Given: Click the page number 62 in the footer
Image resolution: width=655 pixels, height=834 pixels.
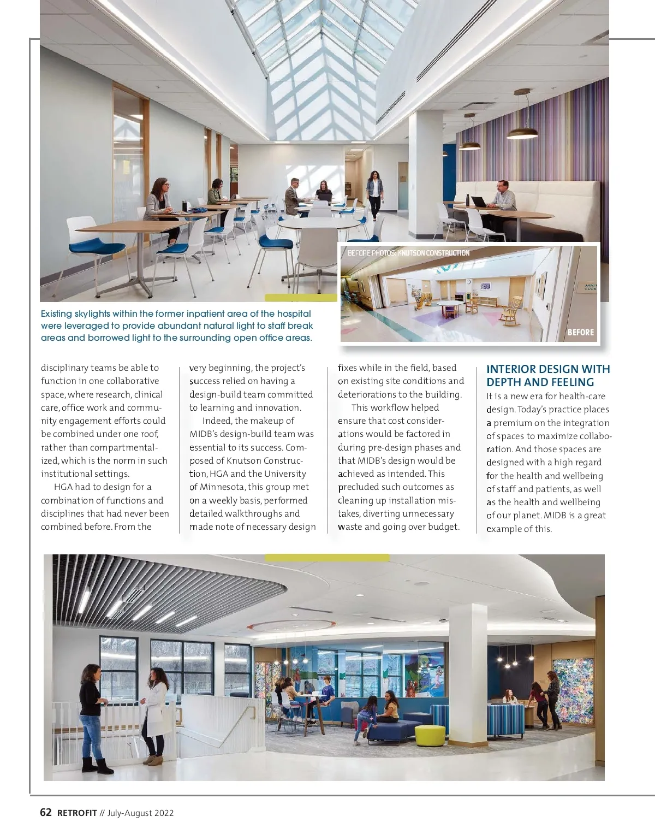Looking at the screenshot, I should [46, 812].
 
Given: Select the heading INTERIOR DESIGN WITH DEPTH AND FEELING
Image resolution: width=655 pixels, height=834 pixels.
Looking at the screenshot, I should [548, 376].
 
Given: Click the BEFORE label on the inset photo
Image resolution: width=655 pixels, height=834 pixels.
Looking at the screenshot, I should [580, 332].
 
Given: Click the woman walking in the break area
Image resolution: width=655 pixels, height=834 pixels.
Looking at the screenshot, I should [374, 195].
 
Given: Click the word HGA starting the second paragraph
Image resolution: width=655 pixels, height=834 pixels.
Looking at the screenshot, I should [64, 487].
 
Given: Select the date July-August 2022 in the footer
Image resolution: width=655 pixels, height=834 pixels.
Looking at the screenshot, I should [140, 813].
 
